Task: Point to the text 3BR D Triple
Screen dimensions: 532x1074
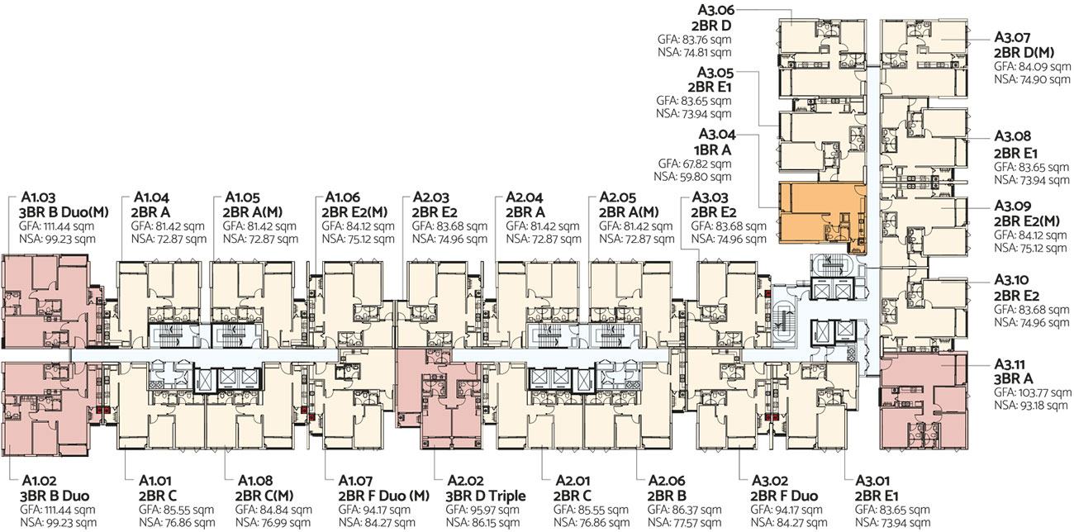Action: (x=486, y=496)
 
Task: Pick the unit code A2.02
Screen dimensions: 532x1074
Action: (x=466, y=482)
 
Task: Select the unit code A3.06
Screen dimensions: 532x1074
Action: (x=716, y=10)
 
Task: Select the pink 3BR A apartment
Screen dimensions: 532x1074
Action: (x=922, y=402)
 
